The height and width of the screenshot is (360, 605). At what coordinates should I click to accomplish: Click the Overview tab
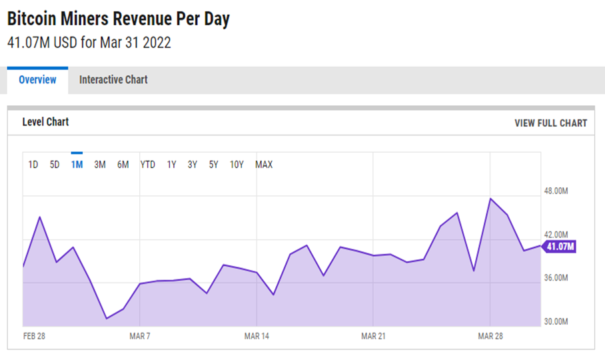tap(37, 80)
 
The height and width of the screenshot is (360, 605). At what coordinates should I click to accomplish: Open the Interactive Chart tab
tap(113, 80)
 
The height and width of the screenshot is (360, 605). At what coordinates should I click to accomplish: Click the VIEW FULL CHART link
tap(550, 123)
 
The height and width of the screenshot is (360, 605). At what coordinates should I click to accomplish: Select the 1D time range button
tap(33, 165)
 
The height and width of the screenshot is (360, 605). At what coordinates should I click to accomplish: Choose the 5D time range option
tap(55, 165)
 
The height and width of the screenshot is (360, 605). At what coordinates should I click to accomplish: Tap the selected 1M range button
tap(77, 165)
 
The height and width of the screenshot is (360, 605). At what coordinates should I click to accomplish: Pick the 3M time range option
tap(100, 165)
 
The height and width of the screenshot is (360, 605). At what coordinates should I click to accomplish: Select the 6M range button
tap(123, 165)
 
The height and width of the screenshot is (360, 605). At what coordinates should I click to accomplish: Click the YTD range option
tap(148, 165)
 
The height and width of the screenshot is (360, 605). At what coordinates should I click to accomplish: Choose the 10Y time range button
tap(237, 165)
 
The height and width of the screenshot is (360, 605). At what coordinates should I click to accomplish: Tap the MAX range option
tap(264, 165)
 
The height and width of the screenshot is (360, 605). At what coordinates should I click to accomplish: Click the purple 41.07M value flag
tap(559, 247)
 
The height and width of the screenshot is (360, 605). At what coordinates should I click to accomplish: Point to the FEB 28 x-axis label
tap(34, 336)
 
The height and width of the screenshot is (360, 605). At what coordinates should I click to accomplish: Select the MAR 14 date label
tap(257, 336)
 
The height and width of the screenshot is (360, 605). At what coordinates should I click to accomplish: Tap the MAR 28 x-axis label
tap(490, 336)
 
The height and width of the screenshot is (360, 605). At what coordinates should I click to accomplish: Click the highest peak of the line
tap(490, 199)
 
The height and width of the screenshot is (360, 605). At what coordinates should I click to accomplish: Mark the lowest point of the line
tap(107, 319)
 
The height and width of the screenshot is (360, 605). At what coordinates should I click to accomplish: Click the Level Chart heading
tap(45, 122)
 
